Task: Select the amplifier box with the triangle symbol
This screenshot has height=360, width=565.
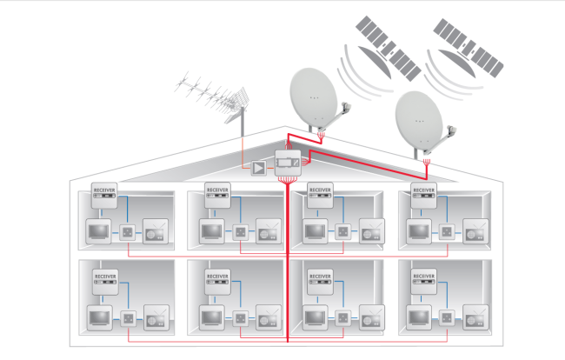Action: point(258,165)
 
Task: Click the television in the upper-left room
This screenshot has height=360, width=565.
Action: point(98,232)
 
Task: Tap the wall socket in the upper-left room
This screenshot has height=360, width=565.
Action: point(127,232)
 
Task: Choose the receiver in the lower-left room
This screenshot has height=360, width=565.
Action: point(105,278)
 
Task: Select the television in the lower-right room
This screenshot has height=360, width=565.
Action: point(419,317)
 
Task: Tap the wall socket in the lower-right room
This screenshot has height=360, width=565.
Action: point(448,317)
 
